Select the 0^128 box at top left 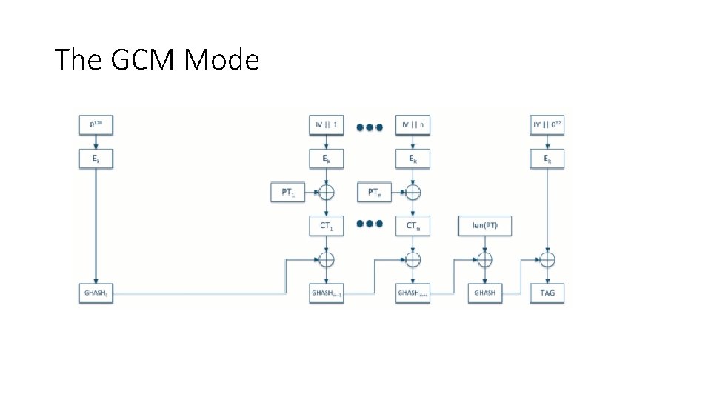pos(96,126)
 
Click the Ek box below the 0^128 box pos(96,159)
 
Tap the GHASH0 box pos(96,293)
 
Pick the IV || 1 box pos(326,126)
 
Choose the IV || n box pos(413,126)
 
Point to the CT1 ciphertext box pos(326,225)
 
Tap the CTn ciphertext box pos(413,225)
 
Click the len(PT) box pos(485,225)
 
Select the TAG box pos(547,293)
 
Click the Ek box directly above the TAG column pos(547,159)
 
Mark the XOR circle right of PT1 pos(326,193)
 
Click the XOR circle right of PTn pos(413,193)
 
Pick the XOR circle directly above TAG pos(547,259)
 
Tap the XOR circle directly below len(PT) pos(485,259)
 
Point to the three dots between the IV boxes pos(369,127)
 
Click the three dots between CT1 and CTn pos(369,224)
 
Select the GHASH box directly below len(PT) pos(485,293)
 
